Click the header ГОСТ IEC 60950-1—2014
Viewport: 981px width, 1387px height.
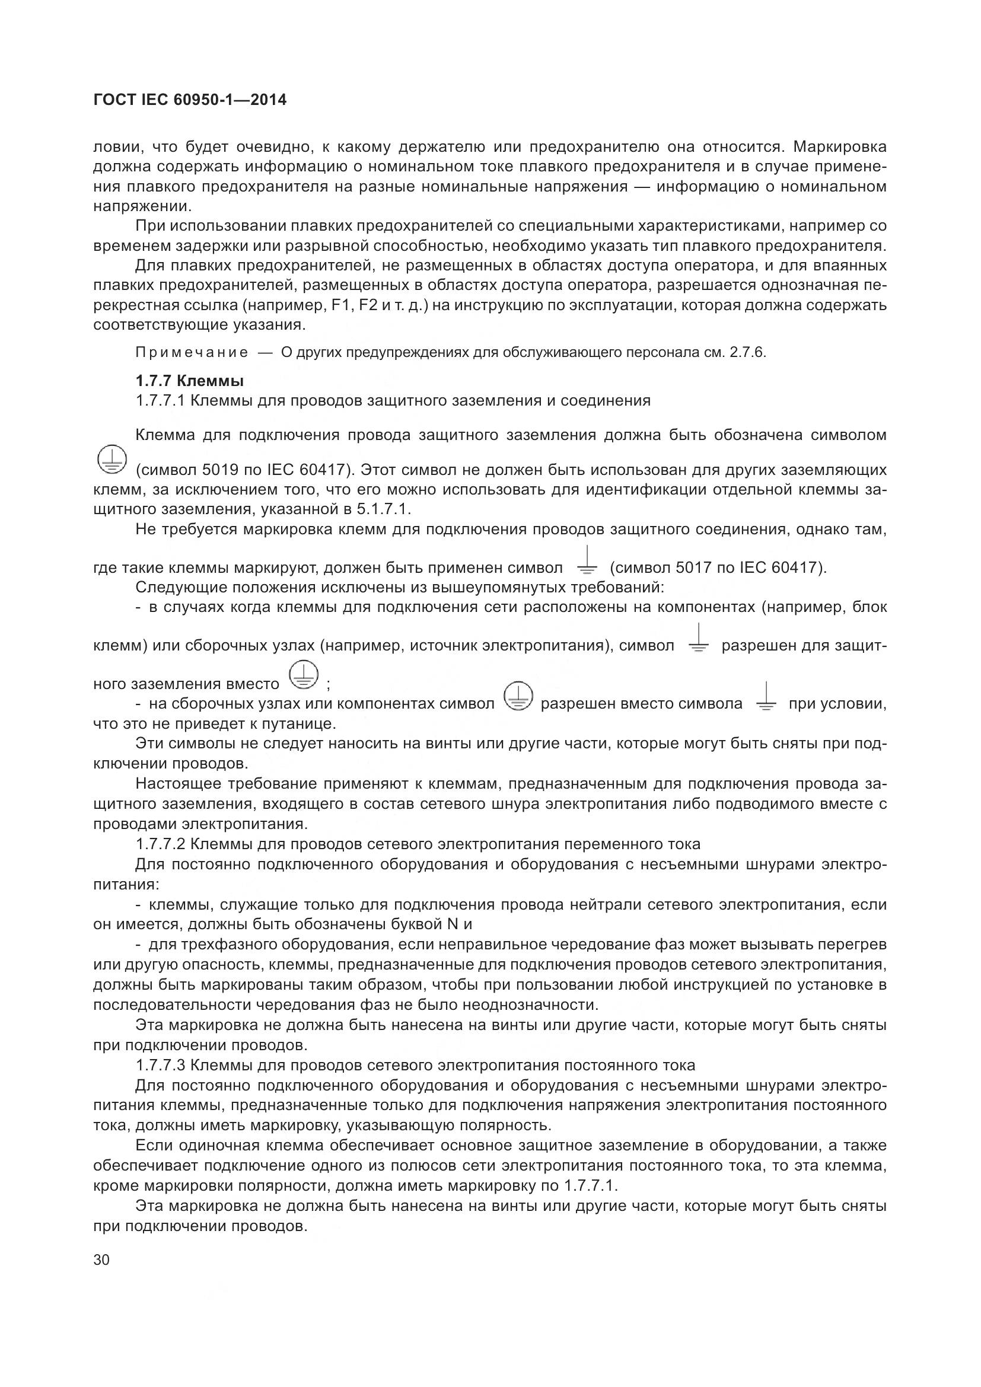coord(190,100)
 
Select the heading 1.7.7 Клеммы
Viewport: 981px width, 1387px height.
coord(190,381)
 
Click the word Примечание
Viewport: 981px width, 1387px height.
coord(192,353)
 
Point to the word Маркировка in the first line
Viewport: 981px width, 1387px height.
coord(840,147)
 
